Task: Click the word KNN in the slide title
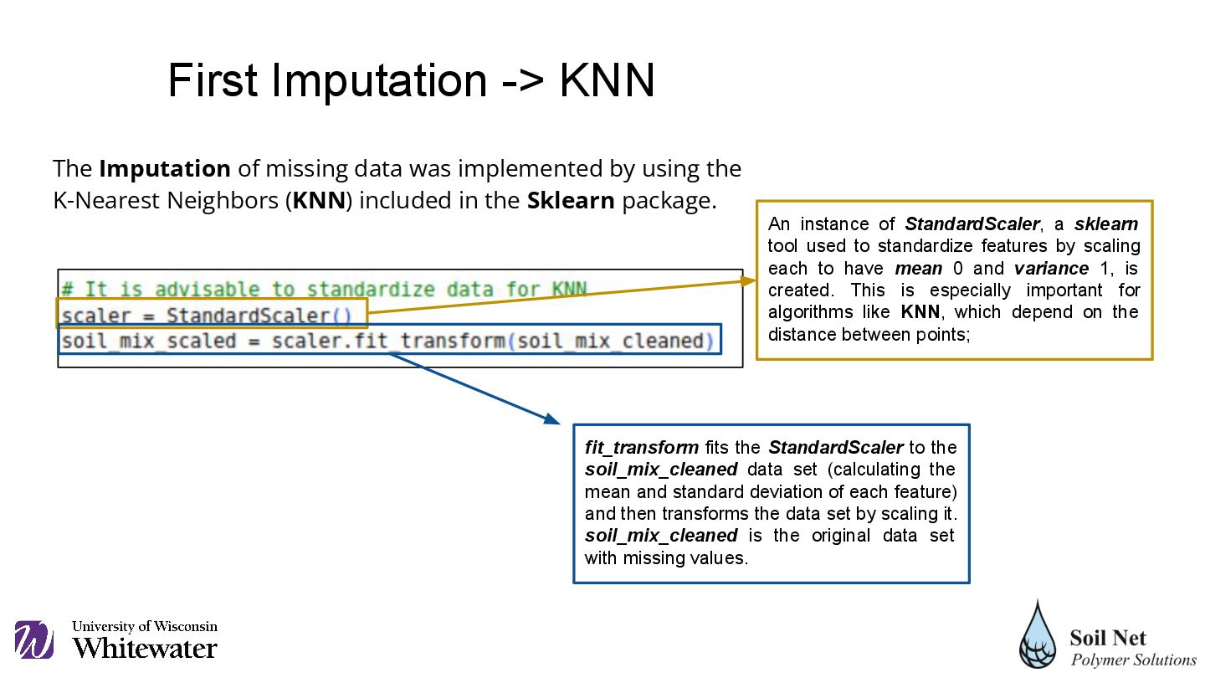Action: point(607,81)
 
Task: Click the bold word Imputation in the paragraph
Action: point(165,169)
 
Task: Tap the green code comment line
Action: point(324,290)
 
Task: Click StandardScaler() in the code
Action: point(259,316)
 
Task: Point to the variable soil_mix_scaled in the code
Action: point(149,342)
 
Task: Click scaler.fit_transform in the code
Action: point(388,342)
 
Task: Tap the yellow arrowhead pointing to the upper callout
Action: point(746,280)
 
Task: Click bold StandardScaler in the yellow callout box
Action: point(972,224)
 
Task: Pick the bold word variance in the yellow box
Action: point(1051,269)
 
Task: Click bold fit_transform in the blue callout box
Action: point(642,448)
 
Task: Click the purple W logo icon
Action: point(33,640)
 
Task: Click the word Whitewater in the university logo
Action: point(145,648)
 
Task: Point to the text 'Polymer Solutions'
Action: point(1134,660)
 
